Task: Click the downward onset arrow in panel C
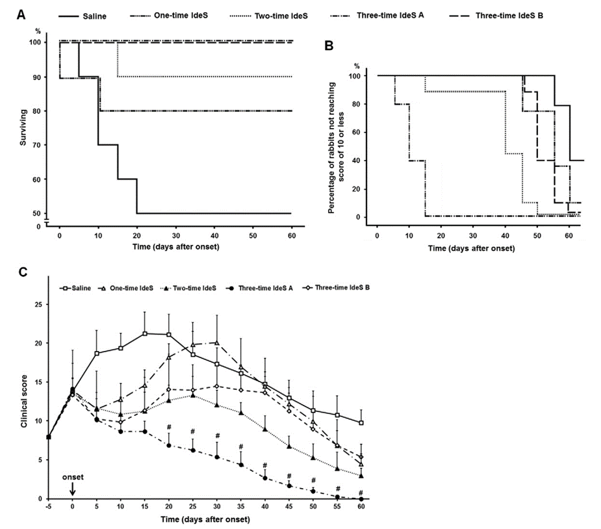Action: pyautogui.click(x=73, y=488)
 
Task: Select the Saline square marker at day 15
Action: pyautogui.click(x=144, y=333)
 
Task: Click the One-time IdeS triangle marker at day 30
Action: pyautogui.click(x=216, y=342)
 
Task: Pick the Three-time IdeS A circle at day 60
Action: pyautogui.click(x=361, y=498)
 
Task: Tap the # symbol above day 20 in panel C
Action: pyautogui.click(x=168, y=427)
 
